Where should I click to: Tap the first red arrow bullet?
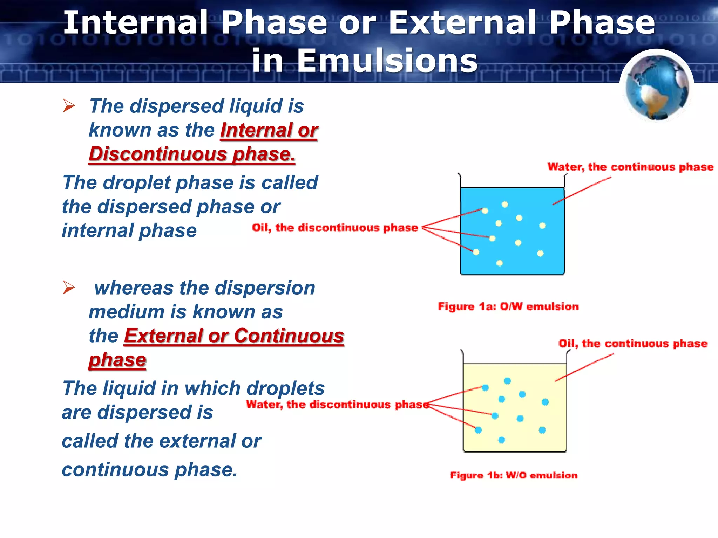[x=69, y=106]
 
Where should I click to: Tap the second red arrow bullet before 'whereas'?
[x=69, y=288]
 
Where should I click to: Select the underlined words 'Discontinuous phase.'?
[x=192, y=154]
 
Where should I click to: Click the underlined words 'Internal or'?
[x=269, y=130]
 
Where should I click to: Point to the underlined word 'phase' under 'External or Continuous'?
[x=117, y=360]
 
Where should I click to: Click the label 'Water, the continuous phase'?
[x=630, y=167]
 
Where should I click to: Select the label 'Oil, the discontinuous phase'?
[x=335, y=228]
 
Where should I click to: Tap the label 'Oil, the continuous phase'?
[x=633, y=343]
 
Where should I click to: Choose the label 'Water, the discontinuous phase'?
[x=337, y=405]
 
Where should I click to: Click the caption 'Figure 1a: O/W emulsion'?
[x=508, y=307]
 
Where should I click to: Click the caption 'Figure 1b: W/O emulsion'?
[x=514, y=475]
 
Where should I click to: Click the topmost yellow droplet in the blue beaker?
[x=505, y=204]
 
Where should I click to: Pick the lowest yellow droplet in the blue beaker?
[x=500, y=263]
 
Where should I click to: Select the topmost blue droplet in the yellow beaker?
[x=507, y=381]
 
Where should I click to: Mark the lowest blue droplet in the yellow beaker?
[x=502, y=440]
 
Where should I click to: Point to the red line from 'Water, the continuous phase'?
[x=582, y=191]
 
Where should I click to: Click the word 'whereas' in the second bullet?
[x=134, y=288]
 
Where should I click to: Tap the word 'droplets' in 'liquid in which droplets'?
[x=285, y=388]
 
